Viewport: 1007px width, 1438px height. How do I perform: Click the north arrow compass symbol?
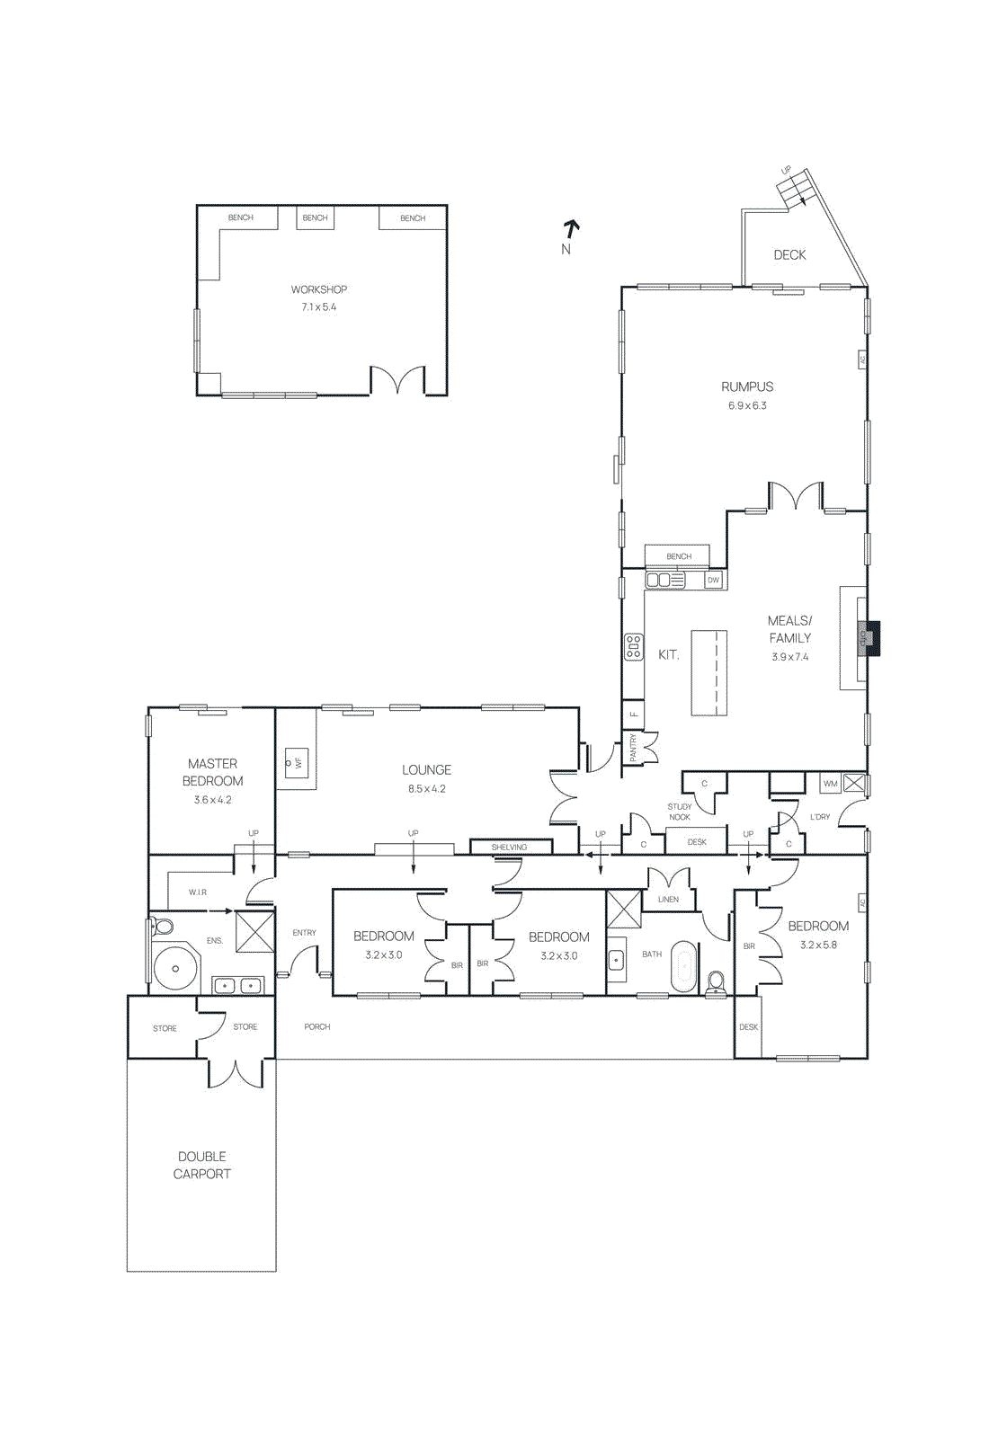tap(570, 231)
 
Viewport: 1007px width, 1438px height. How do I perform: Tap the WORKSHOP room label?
tap(318, 289)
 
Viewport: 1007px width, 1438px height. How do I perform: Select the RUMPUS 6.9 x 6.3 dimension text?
tap(747, 405)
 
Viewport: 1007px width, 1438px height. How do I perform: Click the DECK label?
tap(789, 255)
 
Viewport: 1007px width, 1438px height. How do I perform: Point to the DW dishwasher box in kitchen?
tap(713, 581)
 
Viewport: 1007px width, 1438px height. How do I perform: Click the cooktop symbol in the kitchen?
tap(634, 647)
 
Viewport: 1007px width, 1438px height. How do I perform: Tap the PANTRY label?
tap(633, 748)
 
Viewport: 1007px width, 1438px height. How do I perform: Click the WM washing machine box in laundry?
tap(830, 784)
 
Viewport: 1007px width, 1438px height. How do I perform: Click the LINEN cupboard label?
tap(668, 900)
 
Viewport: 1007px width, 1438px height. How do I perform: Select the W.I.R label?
tap(198, 892)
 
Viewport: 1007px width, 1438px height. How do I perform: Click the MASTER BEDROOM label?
tap(213, 772)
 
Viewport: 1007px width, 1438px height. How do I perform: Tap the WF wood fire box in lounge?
tap(297, 764)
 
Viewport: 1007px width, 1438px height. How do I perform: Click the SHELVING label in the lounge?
tap(509, 848)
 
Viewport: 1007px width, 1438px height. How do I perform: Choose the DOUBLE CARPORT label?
tap(202, 1165)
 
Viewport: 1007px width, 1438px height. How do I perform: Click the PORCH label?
tap(316, 1026)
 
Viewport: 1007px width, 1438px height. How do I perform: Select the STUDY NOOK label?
tap(680, 812)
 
